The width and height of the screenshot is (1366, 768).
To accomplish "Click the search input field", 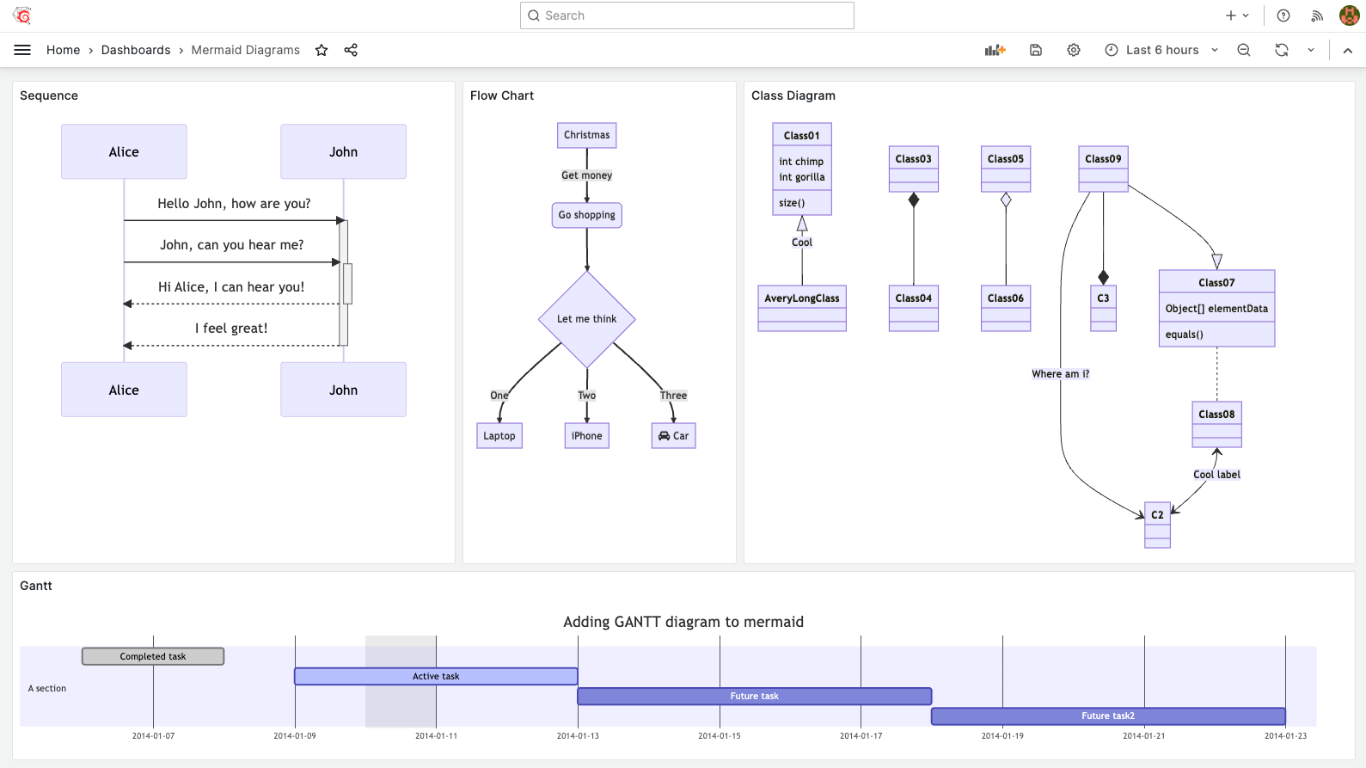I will click(x=687, y=15).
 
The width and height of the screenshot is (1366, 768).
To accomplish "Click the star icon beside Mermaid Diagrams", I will click(x=322, y=50).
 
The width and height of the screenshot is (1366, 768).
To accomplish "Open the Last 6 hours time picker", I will click(x=1161, y=50).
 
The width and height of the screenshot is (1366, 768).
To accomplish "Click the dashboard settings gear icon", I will click(x=1074, y=50).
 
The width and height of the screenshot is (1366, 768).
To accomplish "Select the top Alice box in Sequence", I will click(x=124, y=151).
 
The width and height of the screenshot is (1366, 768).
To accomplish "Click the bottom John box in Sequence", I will click(x=343, y=390).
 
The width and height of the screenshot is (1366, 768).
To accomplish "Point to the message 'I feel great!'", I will click(x=231, y=329).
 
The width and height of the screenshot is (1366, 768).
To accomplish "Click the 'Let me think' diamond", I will click(x=587, y=319).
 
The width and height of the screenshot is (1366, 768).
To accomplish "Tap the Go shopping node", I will click(x=587, y=215).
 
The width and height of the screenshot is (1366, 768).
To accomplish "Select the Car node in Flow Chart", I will click(x=674, y=436).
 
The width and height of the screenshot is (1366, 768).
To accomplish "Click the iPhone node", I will click(x=587, y=436).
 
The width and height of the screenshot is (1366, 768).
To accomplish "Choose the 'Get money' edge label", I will click(x=587, y=175).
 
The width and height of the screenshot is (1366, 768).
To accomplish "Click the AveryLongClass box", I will click(x=802, y=298).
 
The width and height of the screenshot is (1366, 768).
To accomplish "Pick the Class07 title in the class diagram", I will click(x=1216, y=282).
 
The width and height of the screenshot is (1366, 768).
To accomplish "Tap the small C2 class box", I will click(x=1157, y=515).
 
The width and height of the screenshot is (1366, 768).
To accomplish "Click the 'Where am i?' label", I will click(x=1060, y=374).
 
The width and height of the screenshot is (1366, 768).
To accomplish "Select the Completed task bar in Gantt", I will click(x=153, y=656).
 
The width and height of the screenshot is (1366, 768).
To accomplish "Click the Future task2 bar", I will click(x=1108, y=716).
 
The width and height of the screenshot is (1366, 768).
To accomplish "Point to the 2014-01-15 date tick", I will click(x=720, y=736).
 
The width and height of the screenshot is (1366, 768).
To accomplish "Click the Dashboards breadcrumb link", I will click(x=136, y=50).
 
